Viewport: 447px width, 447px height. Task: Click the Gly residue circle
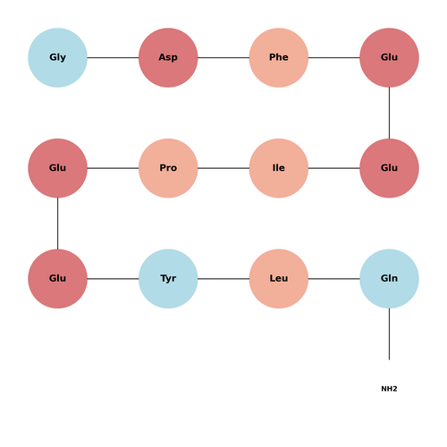point(57,57)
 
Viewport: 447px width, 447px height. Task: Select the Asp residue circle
point(168,57)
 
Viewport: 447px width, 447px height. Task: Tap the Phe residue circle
point(279,57)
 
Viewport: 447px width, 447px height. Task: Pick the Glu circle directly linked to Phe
point(389,57)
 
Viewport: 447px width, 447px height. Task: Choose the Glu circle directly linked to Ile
point(389,168)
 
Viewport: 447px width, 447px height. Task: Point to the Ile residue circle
point(279,168)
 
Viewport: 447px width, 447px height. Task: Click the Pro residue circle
point(168,168)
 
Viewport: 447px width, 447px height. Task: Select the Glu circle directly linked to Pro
point(57,168)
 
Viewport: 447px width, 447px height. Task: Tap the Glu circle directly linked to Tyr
point(57,279)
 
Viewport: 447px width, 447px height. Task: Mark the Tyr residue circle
point(168,279)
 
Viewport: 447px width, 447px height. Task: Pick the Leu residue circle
point(279,279)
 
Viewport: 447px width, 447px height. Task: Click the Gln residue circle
point(389,279)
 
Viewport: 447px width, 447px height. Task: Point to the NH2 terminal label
point(389,389)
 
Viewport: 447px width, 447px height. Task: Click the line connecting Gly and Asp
point(113,57)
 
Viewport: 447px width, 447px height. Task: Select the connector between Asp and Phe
point(223,57)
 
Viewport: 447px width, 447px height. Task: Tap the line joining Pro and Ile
point(223,168)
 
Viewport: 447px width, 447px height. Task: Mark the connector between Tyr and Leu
point(223,279)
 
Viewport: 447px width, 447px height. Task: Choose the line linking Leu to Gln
point(334,279)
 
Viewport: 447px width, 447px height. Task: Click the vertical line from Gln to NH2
point(389,334)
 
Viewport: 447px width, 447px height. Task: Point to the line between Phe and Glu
point(334,57)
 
